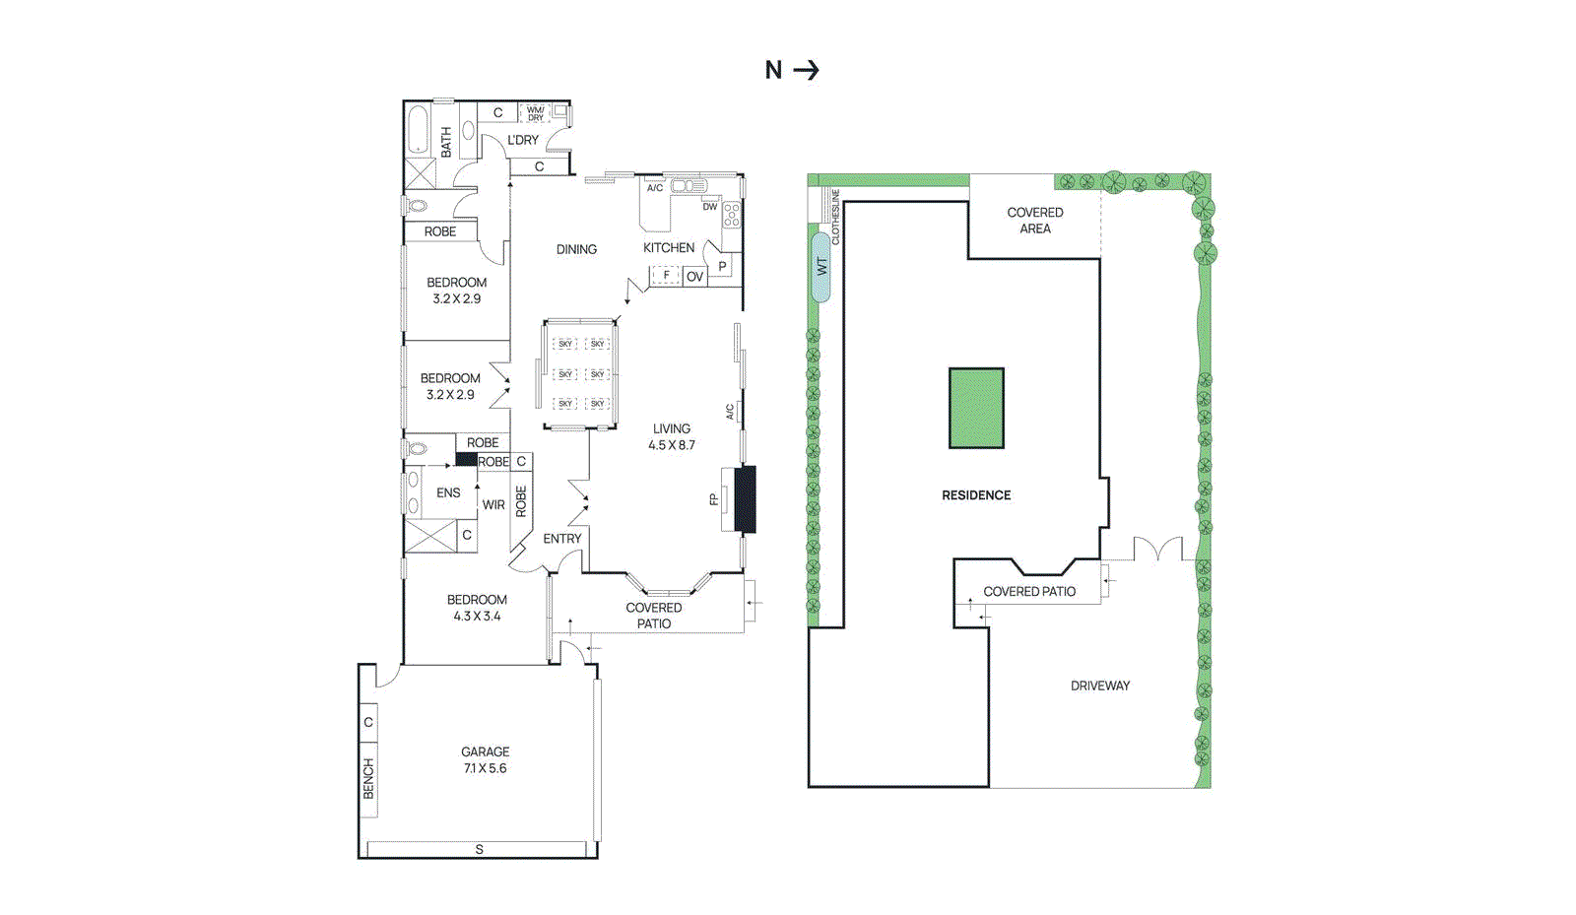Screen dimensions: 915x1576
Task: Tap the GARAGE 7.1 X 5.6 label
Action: click(486, 759)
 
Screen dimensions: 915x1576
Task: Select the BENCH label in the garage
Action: click(368, 777)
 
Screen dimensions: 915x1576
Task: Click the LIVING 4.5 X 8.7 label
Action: click(672, 436)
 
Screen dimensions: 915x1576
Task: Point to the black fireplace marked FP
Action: click(746, 499)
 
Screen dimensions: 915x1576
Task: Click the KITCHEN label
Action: click(669, 248)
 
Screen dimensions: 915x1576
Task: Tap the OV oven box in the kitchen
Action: click(694, 277)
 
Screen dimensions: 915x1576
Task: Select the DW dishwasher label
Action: click(710, 207)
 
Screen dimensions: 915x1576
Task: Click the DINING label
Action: click(576, 249)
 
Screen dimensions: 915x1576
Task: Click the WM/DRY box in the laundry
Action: click(535, 113)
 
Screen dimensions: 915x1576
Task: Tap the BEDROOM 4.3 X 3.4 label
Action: click(477, 608)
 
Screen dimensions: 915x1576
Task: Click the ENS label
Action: click(448, 492)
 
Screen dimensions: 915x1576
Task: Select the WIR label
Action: click(493, 505)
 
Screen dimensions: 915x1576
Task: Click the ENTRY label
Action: click(562, 539)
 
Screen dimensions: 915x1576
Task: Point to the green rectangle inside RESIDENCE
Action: click(976, 408)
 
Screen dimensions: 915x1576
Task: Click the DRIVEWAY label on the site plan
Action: click(1100, 686)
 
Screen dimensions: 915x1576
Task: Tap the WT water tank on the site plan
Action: click(821, 266)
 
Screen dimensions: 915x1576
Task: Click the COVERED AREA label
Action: click(1035, 220)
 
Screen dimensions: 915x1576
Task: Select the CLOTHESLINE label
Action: click(836, 217)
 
